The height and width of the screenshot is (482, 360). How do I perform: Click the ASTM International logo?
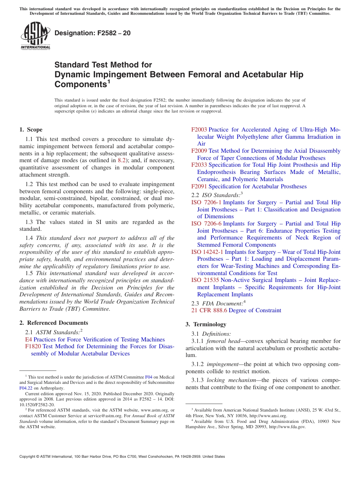35,36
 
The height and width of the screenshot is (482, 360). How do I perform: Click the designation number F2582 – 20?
92,33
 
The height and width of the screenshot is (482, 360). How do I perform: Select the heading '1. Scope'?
31,130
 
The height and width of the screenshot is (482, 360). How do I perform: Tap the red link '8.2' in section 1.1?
122,160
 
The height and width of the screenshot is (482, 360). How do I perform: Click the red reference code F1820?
33,346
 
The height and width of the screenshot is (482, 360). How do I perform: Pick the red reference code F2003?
199,130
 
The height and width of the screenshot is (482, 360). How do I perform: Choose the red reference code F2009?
199,151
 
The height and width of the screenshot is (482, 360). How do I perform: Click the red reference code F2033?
199,165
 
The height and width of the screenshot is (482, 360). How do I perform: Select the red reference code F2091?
199,186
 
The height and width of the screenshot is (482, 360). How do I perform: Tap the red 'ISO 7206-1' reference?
206,202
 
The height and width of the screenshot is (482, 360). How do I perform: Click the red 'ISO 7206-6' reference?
206,224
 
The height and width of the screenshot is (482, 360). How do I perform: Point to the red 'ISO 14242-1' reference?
207,252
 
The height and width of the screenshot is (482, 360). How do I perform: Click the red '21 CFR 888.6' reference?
209,310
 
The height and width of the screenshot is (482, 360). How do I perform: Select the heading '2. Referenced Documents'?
54,323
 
